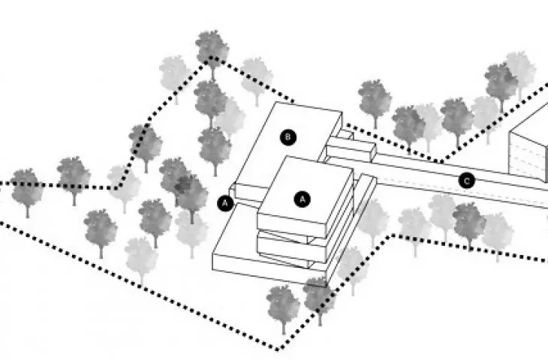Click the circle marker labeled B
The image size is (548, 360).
288,137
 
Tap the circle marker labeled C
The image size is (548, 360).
467,181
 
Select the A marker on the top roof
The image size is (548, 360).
303,199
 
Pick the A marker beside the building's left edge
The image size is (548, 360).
225,202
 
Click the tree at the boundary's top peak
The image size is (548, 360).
212,52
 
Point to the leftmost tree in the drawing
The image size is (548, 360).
27,190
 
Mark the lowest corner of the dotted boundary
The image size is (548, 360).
277,349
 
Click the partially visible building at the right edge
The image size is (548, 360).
528,147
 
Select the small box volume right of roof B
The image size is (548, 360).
351,149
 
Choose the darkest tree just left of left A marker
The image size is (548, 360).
191,196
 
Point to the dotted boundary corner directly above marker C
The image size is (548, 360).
441,162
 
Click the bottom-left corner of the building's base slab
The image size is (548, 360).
213,269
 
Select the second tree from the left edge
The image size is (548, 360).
74,178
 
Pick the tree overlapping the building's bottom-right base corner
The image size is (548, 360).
319,298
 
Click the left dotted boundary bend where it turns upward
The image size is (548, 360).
116,187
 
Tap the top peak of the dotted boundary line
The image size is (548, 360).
210,58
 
